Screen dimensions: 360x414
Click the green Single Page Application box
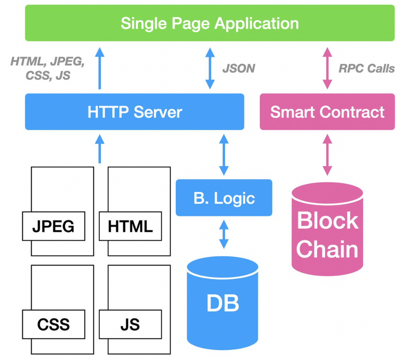coord(210,23)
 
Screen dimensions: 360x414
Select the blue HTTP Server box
coord(135,112)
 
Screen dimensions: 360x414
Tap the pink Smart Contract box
coord(327,112)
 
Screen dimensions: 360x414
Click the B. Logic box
coord(224,198)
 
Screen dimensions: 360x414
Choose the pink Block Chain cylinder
coord(327,233)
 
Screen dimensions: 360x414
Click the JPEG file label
coord(53,227)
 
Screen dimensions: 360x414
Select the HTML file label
coord(130,227)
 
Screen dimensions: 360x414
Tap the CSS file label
coord(53,324)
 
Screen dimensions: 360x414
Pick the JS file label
coord(130,324)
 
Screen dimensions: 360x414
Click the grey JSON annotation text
coord(238,68)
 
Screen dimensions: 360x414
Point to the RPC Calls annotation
coord(366,68)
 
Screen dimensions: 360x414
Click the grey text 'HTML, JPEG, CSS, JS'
coord(48,68)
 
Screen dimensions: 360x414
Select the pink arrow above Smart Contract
coord(327,68)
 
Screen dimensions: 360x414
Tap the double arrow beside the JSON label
coord(210,68)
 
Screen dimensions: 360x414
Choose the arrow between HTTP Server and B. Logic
coord(224,154)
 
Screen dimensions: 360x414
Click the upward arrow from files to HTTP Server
coord(99,148)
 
